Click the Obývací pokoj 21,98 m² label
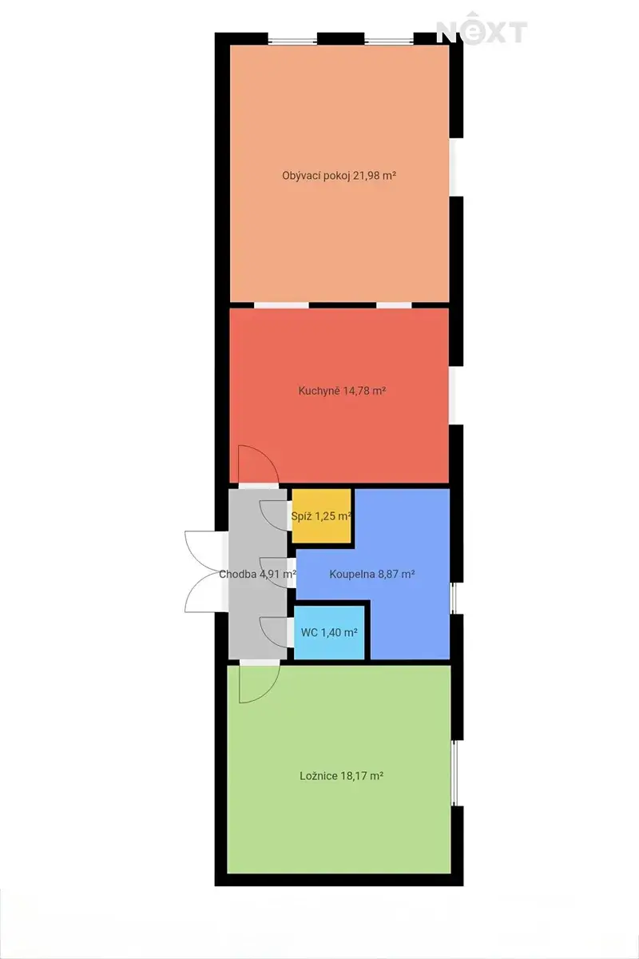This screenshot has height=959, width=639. click(x=339, y=176)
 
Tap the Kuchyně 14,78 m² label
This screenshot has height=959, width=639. click(x=342, y=391)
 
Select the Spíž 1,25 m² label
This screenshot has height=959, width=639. click(x=321, y=516)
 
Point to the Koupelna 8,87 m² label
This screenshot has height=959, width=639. click(x=372, y=574)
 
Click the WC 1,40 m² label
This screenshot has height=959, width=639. click(x=329, y=632)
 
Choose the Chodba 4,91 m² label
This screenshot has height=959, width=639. click(x=258, y=574)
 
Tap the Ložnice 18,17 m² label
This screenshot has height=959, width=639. click(x=341, y=776)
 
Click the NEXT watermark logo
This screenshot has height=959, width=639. click(x=482, y=28)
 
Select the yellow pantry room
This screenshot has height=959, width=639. click(x=321, y=516)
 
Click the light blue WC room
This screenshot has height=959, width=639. click(x=329, y=633)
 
